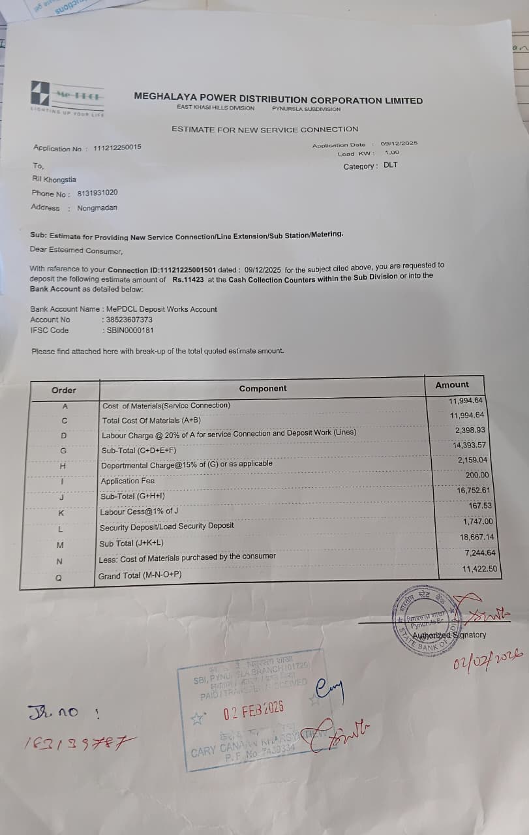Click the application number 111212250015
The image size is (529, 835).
click(117, 148)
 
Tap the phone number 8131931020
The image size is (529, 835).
click(97, 193)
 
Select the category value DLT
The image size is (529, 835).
click(390, 165)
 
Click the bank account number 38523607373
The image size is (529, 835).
click(128, 320)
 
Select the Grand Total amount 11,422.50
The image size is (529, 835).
click(479, 569)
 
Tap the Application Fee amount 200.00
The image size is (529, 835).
click(476, 476)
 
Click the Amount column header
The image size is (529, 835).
click(452, 385)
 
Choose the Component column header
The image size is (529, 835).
click(262, 388)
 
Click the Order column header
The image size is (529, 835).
click(64, 390)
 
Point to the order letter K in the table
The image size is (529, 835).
click(61, 513)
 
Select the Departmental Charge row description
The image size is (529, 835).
click(187, 464)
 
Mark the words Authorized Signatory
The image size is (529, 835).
click(449, 635)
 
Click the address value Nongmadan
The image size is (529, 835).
click(97, 208)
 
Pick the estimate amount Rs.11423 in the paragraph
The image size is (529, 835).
click(189, 279)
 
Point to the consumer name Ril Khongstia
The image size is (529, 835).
click(53, 179)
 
